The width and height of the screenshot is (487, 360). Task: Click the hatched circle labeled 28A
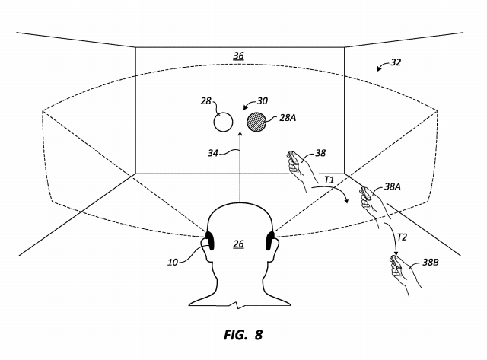256,122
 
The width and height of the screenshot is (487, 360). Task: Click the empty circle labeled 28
223,122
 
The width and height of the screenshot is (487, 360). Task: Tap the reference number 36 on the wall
238,56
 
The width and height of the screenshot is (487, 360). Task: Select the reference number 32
396,62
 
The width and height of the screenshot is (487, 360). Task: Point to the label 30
263,101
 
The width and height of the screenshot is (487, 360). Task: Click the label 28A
288,118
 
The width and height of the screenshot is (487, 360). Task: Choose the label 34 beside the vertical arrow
213,153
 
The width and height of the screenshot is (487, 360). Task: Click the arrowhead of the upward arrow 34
240,134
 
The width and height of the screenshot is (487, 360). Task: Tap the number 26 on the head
238,244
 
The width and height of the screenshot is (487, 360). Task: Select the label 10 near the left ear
173,263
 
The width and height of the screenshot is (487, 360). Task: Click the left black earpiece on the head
210,241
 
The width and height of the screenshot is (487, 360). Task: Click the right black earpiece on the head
270,241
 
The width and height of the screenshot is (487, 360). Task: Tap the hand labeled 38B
404,274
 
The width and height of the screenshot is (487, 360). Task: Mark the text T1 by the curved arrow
329,180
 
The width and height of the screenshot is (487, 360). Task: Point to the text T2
402,237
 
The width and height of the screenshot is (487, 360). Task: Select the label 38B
431,263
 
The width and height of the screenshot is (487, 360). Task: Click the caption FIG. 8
243,335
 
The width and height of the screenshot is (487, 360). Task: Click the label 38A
393,186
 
